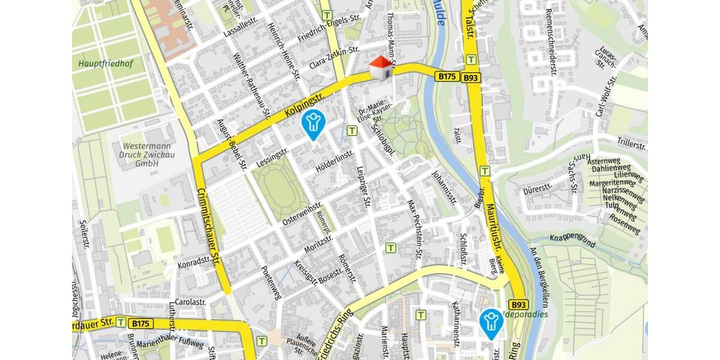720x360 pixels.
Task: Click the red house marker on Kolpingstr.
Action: click(380, 68)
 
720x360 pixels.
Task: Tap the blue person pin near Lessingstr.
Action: click(313, 122)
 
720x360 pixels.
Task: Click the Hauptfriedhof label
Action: click(106, 62)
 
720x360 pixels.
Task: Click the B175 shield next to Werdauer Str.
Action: click(141, 323)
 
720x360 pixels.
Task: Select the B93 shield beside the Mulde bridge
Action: click(471, 77)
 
